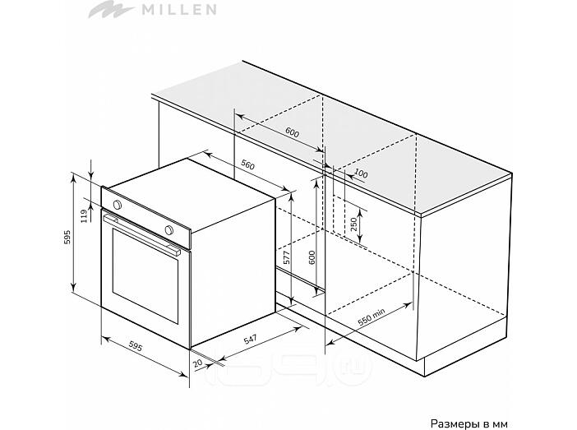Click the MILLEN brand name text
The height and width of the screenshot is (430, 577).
[x=179, y=10]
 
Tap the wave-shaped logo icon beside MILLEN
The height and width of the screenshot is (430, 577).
[x=111, y=9]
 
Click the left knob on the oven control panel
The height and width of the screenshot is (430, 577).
[x=117, y=205]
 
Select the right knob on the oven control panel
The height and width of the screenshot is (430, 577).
[x=168, y=229]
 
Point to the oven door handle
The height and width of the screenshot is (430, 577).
[x=142, y=235]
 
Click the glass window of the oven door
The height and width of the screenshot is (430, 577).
[x=145, y=275]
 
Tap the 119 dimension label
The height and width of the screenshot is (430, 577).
[x=85, y=215]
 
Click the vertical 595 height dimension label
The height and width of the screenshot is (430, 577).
[x=67, y=238]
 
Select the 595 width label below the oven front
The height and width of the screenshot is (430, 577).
[x=136, y=346]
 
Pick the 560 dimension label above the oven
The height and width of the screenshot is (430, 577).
[x=247, y=165]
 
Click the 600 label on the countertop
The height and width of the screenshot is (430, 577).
[x=292, y=132]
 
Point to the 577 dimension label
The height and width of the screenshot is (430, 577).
[x=287, y=257]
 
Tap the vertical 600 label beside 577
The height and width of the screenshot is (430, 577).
[x=312, y=257]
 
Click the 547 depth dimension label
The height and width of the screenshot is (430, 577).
[x=251, y=339]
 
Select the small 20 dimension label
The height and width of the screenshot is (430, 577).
[x=198, y=363]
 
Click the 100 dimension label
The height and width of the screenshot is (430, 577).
[x=361, y=173]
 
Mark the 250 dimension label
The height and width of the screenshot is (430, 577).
[x=353, y=224]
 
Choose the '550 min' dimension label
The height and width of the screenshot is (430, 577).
[x=372, y=317]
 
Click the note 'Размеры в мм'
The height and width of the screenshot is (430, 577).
[x=469, y=423]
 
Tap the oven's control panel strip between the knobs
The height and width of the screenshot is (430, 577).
[x=143, y=217]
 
